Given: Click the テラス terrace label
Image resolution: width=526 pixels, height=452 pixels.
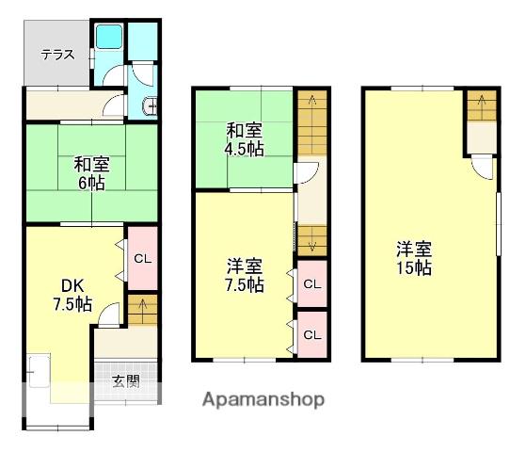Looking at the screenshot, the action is (x=57, y=55).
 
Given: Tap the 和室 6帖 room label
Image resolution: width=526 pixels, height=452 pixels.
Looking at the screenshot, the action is (x=91, y=174).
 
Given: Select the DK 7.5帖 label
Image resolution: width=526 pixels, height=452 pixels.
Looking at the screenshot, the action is (x=72, y=295).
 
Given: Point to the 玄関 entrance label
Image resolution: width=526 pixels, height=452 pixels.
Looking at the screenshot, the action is (x=125, y=381).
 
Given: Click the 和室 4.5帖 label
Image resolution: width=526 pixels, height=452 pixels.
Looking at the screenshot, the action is (x=245, y=139).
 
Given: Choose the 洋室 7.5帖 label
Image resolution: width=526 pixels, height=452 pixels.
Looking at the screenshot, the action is (x=245, y=275).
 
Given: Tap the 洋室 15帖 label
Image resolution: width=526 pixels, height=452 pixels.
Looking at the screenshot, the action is (x=414, y=259).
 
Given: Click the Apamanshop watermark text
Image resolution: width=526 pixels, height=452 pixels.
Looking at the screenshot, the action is (x=263, y=399).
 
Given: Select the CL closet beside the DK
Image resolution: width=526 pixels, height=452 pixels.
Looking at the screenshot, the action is (x=143, y=258).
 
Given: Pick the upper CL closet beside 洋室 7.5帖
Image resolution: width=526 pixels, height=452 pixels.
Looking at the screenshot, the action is (x=312, y=284).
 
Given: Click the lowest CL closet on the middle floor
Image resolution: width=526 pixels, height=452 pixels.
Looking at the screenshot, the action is (x=312, y=334).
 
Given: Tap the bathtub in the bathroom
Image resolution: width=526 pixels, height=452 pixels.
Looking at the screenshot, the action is (x=109, y=37).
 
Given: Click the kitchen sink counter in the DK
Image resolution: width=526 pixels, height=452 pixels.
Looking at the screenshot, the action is (x=39, y=370).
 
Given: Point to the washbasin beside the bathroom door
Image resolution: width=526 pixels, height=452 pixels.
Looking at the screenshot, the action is (x=150, y=106).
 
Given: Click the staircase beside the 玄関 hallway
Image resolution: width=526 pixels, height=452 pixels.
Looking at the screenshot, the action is (x=143, y=310).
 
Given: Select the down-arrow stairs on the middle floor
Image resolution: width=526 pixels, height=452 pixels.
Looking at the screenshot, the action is (x=312, y=240).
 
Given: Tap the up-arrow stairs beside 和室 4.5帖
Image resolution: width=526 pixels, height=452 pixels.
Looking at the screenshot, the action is (x=312, y=122).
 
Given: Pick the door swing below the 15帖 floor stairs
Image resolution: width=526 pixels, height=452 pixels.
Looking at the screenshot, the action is (x=483, y=168).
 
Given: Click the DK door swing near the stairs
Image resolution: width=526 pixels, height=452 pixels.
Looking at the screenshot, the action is (x=109, y=315).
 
